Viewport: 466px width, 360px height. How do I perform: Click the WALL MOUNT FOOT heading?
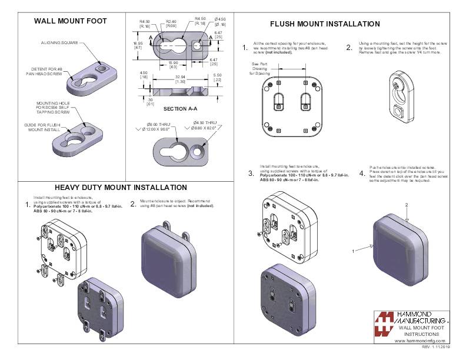click(70, 21)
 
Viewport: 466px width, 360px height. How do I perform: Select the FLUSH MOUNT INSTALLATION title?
click(325, 24)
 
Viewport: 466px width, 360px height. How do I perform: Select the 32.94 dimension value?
click(181, 76)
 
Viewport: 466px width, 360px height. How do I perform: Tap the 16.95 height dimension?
click(138, 45)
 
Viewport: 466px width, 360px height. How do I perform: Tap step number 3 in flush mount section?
click(251, 174)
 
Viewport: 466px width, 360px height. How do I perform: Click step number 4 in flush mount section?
click(362, 174)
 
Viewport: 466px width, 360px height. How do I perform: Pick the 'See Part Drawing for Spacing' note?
click(259, 69)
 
